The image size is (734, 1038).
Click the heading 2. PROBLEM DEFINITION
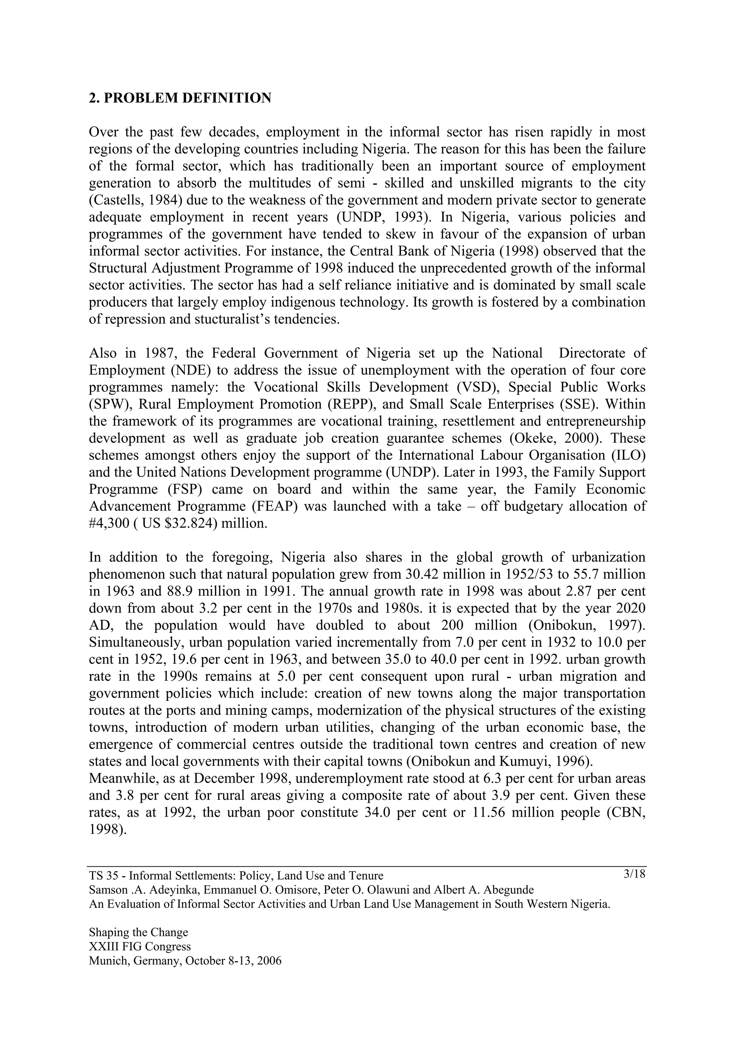tap(180, 98)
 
